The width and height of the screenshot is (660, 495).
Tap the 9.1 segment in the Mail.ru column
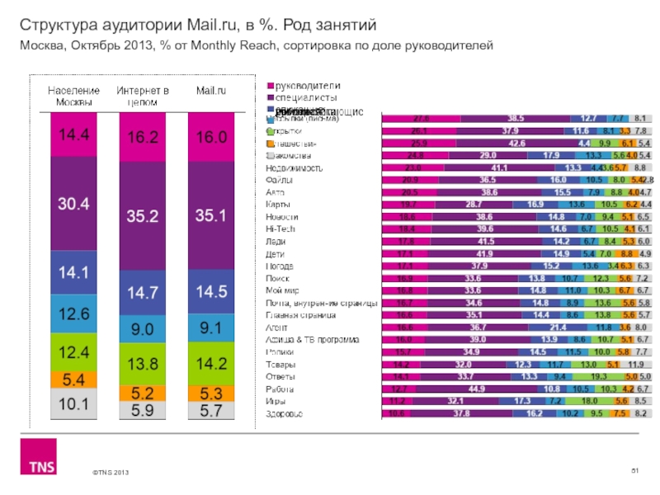pyautogui.click(x=211, y=328)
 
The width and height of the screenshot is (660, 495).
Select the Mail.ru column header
pyautogui.click(x=211, y=90)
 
